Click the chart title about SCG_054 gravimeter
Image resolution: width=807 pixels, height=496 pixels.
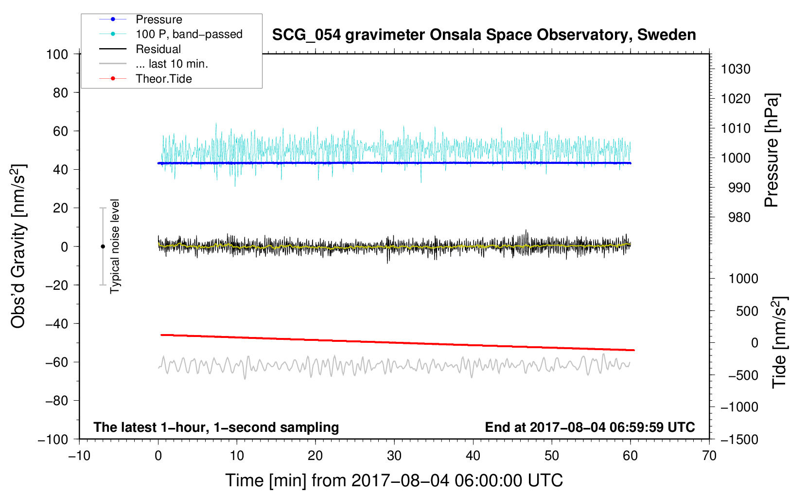coord(484,35)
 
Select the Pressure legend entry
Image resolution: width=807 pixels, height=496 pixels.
coord(158,19)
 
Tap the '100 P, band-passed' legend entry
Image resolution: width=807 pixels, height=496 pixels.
coord(189,34)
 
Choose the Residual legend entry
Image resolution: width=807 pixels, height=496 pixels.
coord(158,49)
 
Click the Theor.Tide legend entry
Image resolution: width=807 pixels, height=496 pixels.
coord(163,79)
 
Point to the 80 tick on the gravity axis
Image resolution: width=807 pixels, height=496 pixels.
coord(60,92)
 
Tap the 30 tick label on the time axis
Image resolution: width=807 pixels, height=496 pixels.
coord(394,456)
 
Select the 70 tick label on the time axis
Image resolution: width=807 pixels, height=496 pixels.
coord(709,456)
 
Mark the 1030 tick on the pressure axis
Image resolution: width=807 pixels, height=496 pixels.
coord(736,69)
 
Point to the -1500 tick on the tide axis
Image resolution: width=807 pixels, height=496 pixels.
coord(739,439)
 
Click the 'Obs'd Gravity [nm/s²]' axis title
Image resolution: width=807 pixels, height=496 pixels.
coord(18,246)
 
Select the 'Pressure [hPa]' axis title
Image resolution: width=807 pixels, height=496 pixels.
coord(772,151)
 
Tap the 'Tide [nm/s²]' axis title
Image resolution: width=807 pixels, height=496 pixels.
coord(779,342)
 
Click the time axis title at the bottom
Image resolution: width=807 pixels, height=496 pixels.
coord(394,480)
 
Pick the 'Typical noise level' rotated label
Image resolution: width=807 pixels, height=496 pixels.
coord(115,246)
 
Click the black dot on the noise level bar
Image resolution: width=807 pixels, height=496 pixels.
coord(103,247)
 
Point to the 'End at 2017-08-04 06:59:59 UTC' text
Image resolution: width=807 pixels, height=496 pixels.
coord(590,427)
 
